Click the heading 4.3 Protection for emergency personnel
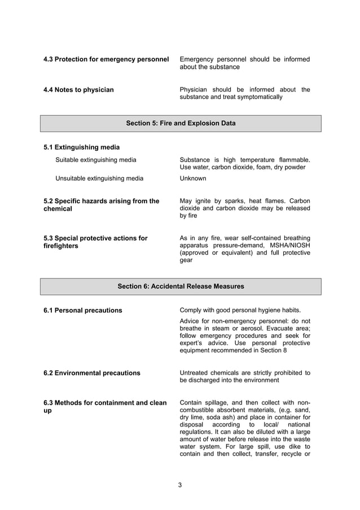(x=106, y=59)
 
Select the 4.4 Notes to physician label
(x=78, y=89)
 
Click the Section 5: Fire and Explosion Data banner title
(x=181, y=123)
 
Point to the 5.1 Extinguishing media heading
(x=83, y=147)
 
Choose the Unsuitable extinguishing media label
(x=99, y=178)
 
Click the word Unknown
(x=192, y=178)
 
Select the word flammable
(x=293, y=160)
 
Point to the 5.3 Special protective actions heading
(x=95, y=238)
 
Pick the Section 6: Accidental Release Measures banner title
(x=181, y=286)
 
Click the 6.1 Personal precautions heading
(x=82, y=310)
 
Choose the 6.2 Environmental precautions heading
(x=91, y=373)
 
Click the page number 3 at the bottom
(x=180, y=485)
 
